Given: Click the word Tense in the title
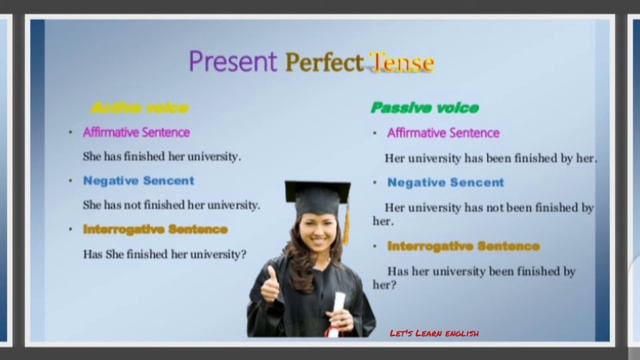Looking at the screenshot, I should coord(401,63).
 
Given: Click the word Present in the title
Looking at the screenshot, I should coord(233,62).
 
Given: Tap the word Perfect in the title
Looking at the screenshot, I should coord(324,63).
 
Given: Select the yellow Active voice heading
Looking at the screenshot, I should coord(139,108).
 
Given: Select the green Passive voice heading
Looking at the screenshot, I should coord(425,108).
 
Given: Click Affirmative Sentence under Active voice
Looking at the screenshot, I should coord(136,133).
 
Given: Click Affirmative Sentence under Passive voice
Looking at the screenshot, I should coord(443,133).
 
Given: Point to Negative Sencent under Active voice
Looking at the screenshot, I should coord(138,181).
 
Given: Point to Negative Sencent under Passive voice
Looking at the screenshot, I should coord(445,183).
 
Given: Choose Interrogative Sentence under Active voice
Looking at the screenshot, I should coord(155,229).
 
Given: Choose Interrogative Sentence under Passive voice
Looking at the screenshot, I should coord(463,246).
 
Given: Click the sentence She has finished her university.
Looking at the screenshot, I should coord(162,157).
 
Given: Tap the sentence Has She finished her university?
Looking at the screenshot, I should coord(164,254).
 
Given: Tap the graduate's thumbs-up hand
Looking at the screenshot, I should coord(269,285).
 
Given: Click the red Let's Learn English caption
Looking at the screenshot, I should coord(434,333).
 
